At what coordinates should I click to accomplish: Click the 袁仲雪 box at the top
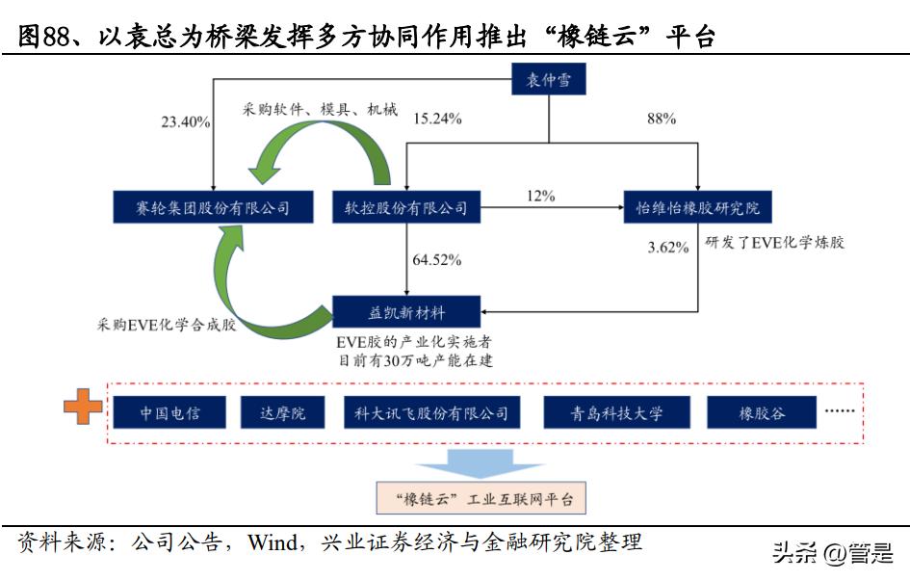(548, 80)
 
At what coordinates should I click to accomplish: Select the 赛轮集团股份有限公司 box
(199, 206)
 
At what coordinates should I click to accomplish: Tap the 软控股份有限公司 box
(405, 206)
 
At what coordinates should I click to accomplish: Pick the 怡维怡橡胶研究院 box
(697, 206)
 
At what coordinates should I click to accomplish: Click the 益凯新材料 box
(404, 311)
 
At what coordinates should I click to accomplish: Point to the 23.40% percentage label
(186, 121)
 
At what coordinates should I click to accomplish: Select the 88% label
(661, 119)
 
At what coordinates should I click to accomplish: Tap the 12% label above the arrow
(540, 196)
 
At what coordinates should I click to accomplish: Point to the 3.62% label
(667, 248)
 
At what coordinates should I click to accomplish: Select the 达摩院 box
(282, 413)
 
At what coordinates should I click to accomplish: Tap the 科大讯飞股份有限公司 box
(426, 413)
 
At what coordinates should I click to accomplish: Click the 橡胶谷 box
(762, 413)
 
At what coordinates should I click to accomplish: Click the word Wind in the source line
(273, 541)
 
